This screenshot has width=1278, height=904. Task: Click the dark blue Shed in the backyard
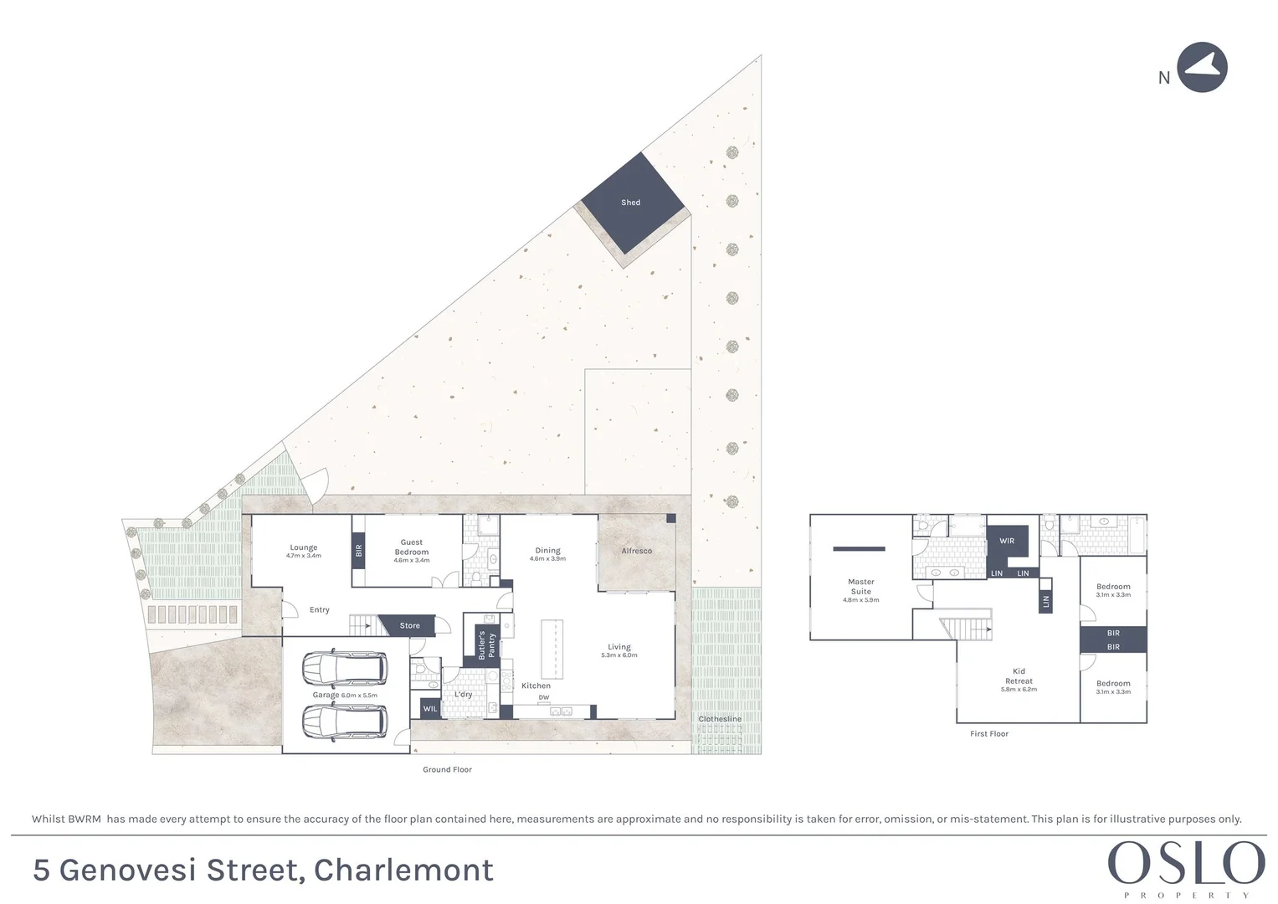click(x=631, y=203)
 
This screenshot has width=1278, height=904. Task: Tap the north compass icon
click(x=1202, y=68)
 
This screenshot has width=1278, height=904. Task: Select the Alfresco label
click(x=636, y=551)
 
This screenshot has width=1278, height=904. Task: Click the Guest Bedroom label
click(x=411, y=547)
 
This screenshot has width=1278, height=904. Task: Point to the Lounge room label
click(x=303, y=547)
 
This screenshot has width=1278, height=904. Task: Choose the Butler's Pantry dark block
click(x=482, y=645)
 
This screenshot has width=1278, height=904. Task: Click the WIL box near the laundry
click(x=429, y=709)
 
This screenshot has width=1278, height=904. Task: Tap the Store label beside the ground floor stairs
click(x=410, y=625)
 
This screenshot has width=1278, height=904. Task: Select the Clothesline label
click(x=720, y=719)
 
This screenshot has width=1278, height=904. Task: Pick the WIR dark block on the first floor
click(x=1007, y=541)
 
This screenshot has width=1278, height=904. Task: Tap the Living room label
click(x=619, y=647)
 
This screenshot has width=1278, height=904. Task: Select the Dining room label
click(x=547, y=551)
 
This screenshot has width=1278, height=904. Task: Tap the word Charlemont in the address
click(x=403, y=871)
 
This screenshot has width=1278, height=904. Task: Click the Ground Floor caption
click(x=447, y=769)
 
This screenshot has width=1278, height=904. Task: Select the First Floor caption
click(x=989, y=734)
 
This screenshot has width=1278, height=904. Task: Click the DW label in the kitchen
click(x=544, y=697)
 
